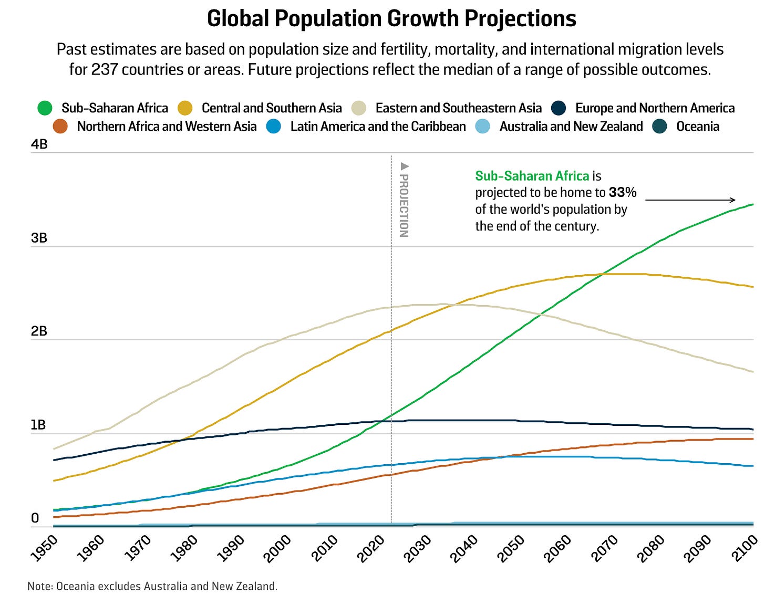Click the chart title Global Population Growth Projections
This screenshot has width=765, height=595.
point(391,19)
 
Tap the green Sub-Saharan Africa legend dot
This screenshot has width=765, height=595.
point(45,108)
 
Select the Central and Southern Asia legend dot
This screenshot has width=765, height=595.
point(185,108)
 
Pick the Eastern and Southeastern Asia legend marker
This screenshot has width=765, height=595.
point(359,108)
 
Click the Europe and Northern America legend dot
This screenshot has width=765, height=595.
point(559,108)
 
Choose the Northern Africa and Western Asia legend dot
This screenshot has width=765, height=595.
point(60,127)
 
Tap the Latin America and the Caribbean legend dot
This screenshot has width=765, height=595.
point(274,127)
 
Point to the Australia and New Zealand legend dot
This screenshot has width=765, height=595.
point(483,127)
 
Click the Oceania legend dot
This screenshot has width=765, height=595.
point(659,127)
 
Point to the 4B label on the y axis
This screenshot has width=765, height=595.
point(39,144)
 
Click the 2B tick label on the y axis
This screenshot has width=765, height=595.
point(39,331)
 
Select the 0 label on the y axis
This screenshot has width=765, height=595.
point(35,518)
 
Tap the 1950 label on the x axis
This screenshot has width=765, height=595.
point(43,548)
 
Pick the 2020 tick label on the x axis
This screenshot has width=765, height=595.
point(370,548)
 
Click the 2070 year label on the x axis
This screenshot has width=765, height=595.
point(604,548)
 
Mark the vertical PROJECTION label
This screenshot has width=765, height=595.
point(404,200)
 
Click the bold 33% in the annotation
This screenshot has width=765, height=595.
point(623,193)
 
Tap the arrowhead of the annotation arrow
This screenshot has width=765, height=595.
point(733,200)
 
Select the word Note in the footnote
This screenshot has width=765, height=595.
point(39,586)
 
